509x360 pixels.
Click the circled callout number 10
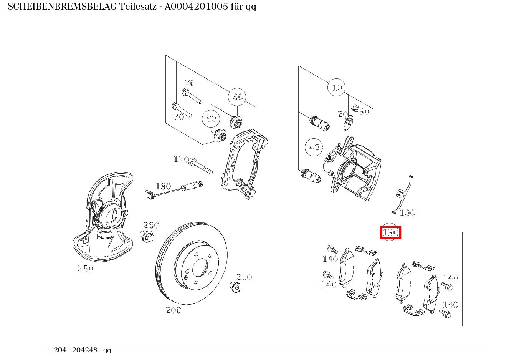point(337,88)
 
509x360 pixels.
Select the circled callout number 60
point(237,97)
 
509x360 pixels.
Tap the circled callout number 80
point(211,118)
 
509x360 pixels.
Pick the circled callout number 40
point(314,147)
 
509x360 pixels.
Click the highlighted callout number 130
point(390,232)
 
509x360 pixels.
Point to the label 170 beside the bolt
point(181,159)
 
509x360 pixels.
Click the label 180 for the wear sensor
point(163,186)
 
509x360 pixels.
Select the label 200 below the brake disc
point(173,310)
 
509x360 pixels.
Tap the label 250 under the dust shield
point(86,269)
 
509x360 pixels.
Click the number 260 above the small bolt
point(151,225)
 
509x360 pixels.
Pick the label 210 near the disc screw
point(244,277)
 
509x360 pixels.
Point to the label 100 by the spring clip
point(407,213)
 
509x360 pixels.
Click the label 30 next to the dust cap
point(364,111)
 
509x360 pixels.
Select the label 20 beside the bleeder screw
point(342,114)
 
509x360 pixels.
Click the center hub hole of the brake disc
point(200,267)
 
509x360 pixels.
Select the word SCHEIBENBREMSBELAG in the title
point(62,7)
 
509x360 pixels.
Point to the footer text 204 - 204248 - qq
point(82,350)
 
